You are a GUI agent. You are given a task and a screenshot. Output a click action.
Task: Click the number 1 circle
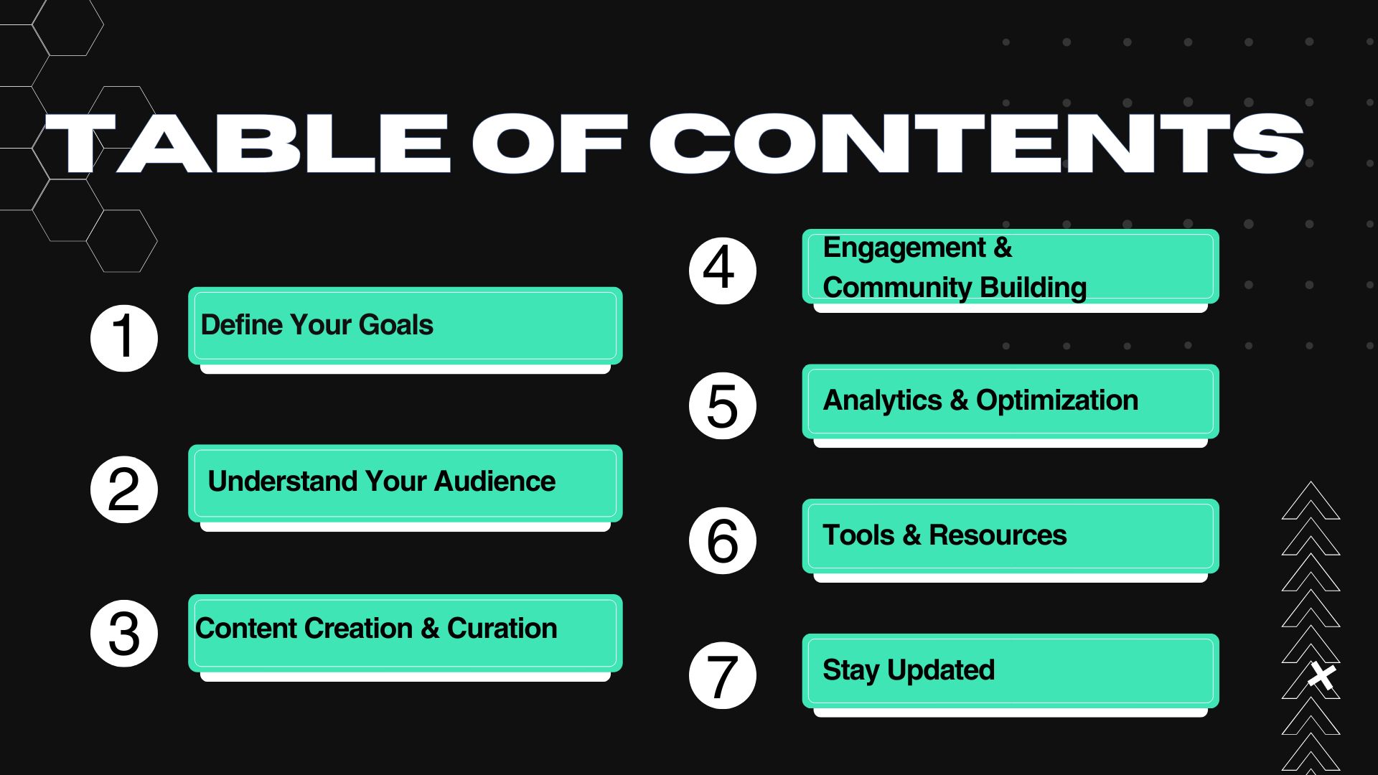pyautogui.click(x=124, y=338)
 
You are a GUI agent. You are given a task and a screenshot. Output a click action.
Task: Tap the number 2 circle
pyautogui.click(x=124, y=489)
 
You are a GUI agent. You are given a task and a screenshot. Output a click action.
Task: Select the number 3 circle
pyautogui.click(x=124, y=634)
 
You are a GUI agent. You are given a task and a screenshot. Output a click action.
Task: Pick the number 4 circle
pyautogui.click(x=723, y=271)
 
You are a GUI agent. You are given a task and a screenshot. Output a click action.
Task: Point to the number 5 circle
pyautogui.click(x=723, y=405)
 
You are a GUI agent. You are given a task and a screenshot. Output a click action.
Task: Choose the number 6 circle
pyautogui.click(x=723, y=540)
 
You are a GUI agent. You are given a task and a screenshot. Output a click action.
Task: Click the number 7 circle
pyautogui.click(x=723, y=675)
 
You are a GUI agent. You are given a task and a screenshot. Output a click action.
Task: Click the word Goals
pyautogui.click(x=395, y=325)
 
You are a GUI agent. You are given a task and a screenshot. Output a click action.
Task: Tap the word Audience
pyautogui.click(x=495, y=481)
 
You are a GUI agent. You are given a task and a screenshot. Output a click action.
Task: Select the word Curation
pyautogui.click(x=502, y=629)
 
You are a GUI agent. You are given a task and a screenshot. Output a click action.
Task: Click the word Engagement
pyautogui.click(x=904, y=249)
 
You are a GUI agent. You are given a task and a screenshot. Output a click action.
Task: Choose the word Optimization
pyautogui.click(x=1057, y=401)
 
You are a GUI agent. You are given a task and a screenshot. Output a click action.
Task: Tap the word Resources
pyautogui.click(x=998, y=535)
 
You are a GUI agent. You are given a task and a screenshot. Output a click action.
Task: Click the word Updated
pyautogui.click(x=941, y=670)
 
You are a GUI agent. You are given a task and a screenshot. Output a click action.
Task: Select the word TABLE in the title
pyautogui.click(x=248, y=144)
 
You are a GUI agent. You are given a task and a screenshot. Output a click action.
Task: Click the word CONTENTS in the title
pyautogui.click(x=977, y=144)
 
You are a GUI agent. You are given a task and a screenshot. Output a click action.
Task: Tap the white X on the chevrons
pyautogui.click(x=1321, y=676)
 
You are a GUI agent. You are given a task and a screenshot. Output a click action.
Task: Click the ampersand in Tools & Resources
pyautogui.click(x=911, y=535)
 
